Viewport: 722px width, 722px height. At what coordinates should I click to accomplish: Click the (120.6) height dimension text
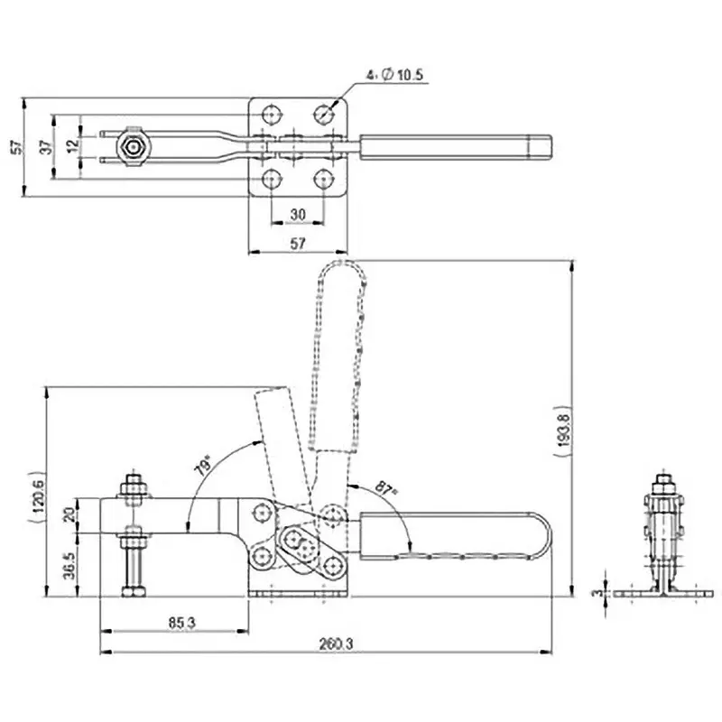(x=37, y=495)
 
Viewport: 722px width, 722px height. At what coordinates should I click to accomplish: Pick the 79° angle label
(x=204, y=466)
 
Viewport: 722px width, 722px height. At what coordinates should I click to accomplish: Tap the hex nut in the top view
(x=134, y=146)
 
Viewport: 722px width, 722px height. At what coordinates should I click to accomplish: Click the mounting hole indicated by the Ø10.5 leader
(x=324, y=114)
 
